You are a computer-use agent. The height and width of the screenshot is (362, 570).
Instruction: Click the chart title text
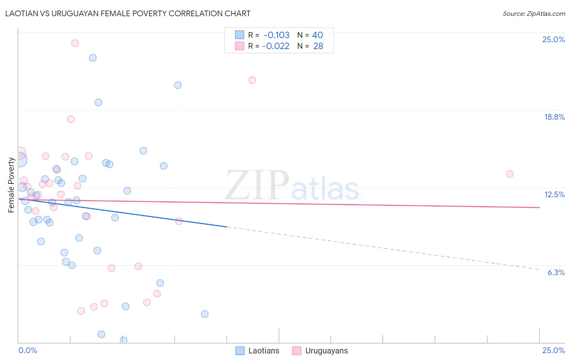[x=128, y=13]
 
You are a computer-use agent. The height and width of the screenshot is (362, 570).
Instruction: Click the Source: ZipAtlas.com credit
[x=534, y=13]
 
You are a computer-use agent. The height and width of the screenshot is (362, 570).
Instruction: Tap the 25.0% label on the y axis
[x=553, y=39]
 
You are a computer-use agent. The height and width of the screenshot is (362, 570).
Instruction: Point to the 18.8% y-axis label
[x=554, y=117]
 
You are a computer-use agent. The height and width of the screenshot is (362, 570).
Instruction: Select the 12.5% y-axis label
[x=554, y=194]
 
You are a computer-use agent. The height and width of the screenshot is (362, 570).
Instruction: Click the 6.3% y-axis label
[x=556, y=272]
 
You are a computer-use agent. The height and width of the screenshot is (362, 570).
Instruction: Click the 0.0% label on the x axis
[x=28, y=350]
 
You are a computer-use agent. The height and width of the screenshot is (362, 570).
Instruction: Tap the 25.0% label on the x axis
[x=553, y=350]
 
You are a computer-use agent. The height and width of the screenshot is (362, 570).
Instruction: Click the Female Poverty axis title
[x=11, y=185]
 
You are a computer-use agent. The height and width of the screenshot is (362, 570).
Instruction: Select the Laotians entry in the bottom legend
[x=264, y=351]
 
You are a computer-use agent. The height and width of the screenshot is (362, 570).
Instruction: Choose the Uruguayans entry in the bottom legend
[x=326, y=351]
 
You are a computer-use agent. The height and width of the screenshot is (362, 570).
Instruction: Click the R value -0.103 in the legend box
[x=276, y=35]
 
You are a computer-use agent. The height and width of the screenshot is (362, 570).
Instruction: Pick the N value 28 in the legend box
[x=318, y=46]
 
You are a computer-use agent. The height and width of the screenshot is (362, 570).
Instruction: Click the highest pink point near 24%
[x=75, y=43]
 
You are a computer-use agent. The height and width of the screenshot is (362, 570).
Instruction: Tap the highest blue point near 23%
[x=93, y=58]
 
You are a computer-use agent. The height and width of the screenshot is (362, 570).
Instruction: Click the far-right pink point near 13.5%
[x=510, y=174]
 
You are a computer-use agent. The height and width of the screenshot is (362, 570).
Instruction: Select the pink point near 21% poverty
[x=252, y=80]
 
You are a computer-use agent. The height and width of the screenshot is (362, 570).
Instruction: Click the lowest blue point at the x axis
[x=124, y=340]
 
